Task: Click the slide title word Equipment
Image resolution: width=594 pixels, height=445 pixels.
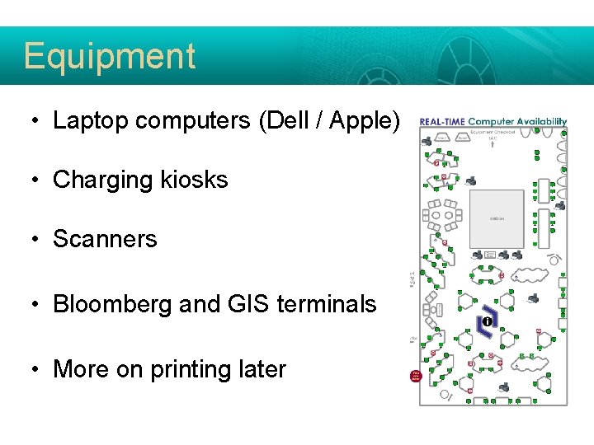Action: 109,56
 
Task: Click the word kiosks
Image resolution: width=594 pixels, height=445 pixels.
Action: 195,180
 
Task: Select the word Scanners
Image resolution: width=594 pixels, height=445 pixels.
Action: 105,239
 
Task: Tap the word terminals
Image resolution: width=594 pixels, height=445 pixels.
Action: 327,304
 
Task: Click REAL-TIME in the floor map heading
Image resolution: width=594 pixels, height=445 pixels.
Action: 442,122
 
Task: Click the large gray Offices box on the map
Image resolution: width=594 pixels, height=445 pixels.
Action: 497,219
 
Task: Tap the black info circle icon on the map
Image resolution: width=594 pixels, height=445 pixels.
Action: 486,321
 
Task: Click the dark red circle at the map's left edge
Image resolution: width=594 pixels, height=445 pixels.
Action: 416,376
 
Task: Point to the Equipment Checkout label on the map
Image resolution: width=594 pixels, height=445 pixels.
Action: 493,131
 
